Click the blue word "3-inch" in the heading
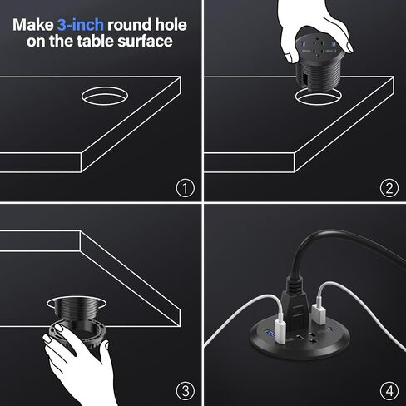tap(81, 25)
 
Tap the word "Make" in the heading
tap(33, 25)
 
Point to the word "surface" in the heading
tap(145, 41)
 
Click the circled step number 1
tap(186, 188)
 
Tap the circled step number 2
tap(389, 188)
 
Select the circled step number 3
tap(186, 391)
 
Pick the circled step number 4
tap(389, 391)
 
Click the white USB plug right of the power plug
tap(319, 314)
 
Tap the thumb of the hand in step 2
tap(291, 57)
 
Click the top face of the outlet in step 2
tap(318, 47)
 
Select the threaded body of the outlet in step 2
tap(319, 77)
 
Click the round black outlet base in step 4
tap(300, 343)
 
